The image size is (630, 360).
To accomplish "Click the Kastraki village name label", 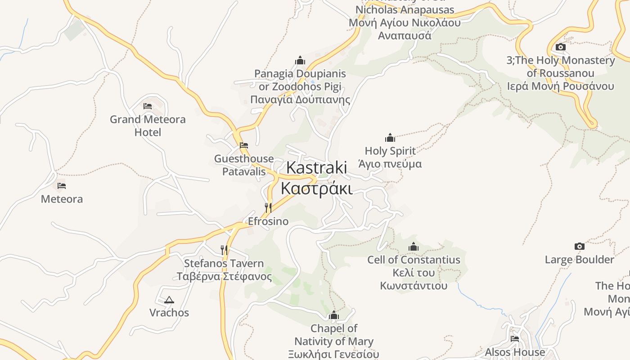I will coord(317,178).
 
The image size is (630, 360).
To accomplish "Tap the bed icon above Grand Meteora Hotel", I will coord(148,106).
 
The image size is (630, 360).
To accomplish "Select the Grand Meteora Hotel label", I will coord(148,126).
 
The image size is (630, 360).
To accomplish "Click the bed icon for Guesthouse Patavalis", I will coord(244,145).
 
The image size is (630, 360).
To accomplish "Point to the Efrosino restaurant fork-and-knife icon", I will coord(268,207).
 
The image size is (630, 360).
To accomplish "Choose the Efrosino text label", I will coord(268,221).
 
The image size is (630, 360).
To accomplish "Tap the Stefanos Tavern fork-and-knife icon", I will coord(224,249).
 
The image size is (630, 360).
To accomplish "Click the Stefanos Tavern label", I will coord(224,270).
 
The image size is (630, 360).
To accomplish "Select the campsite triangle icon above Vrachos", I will coord(169,300).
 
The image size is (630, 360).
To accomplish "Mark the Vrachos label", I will coord(169,313).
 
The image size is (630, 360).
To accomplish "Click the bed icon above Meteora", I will coord(62,185).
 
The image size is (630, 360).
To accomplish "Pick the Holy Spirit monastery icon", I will coord(390,137).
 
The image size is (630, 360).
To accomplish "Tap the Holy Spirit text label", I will coord(390,157).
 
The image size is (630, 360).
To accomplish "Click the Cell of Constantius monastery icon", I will coord(414,247).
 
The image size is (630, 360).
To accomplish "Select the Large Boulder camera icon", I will coord(580,246).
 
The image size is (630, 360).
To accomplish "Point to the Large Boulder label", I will coord(580,260).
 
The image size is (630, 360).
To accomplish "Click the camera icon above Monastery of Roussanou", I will coord(561,47).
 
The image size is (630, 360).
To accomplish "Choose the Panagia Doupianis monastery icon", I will coord(300,60).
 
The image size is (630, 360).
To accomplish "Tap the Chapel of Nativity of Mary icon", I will coord(334,315).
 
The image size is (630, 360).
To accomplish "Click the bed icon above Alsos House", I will coord(515,338).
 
